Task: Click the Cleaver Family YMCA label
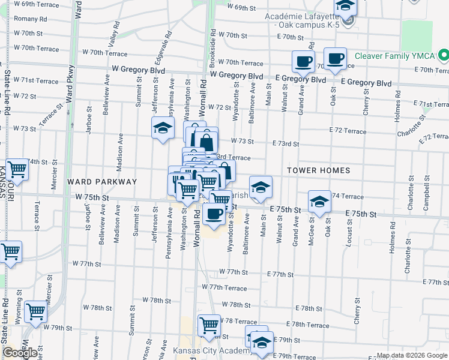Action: pyautogui.click(x=394, y=56)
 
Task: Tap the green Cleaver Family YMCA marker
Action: pyautogui.click(x=444, y=56)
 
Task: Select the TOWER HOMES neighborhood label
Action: pyautogui.click(x=319, y=170)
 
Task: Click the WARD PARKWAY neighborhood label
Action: pyautogui.click(x=103, y=181)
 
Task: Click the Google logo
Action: pyautogui.click(x=19, y=353)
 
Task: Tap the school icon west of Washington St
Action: pyautogui.click(x=162, y=128)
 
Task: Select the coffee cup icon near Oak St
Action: pyautogui.click(x=335, y=59)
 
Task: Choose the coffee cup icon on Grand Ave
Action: pyautogui.click(x=304, y=62)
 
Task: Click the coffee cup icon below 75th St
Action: pyautogui.click(x=214, y=214)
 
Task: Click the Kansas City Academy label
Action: pyautogui.click(x=208, y=351)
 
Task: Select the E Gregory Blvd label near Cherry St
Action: pyautogui.click(x=366, y=83)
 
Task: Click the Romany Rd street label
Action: pyautogui.click(x=26, y=19)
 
